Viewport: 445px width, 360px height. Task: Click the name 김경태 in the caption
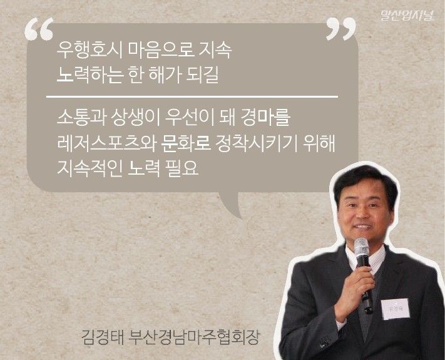tap(101, 337)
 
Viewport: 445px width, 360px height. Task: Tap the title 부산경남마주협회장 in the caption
tap(194, 337)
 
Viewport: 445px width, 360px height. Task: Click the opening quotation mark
tap(39, 28)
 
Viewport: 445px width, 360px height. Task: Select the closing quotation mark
tap(340, 28)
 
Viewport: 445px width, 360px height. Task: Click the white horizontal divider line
tap(192, 97)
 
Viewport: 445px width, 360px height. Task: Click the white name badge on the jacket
tap(396, 309)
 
